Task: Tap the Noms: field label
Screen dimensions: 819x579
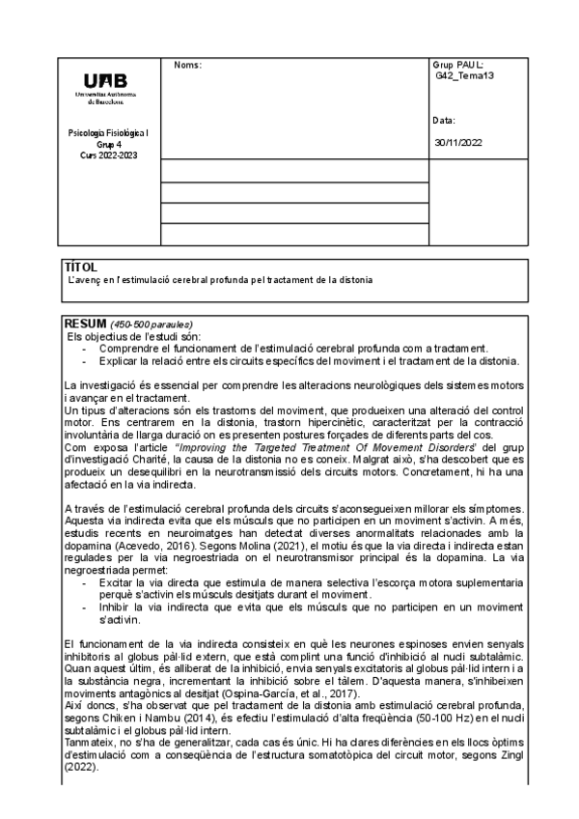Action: point(187,65)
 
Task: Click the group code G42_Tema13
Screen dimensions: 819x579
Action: point(465,75)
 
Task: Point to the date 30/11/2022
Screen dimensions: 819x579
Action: point(459,143)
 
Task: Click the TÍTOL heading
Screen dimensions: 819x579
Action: point(80,266)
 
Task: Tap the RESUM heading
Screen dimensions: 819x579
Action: point(85,323)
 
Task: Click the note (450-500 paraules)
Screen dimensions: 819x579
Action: point(152,324)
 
